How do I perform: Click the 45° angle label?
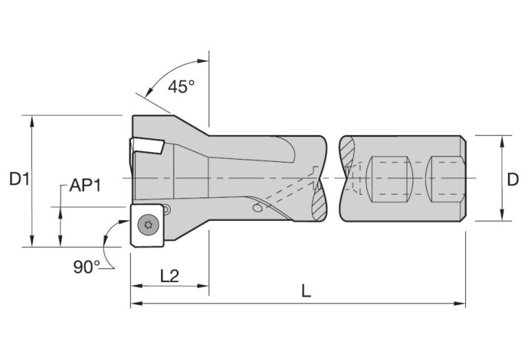click(181, 87)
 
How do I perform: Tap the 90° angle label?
click(87, 267)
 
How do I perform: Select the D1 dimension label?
click(19, 179)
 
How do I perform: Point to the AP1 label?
click(85, 185)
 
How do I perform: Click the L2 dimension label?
click(169, 276)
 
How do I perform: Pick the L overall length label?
click(306, 291)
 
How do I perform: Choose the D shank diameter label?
click(512, 180)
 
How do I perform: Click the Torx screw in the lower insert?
click(148, 224)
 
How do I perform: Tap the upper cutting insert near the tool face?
click(147, 145)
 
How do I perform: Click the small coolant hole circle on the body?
click(257, 208)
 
